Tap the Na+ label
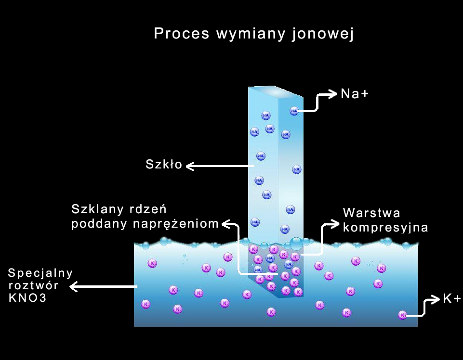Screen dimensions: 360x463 click(354, 94)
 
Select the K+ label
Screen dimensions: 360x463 click(452, 299)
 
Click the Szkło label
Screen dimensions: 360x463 click(164, 165)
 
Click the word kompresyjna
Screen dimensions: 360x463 click(385, 227)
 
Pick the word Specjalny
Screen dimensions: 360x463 click(40, 273)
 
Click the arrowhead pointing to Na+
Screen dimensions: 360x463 click(332, 94)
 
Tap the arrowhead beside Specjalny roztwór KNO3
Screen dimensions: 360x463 click(74, 287)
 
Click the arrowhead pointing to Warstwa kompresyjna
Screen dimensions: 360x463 click(335, 223)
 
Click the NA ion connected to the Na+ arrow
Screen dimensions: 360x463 click(294, 111)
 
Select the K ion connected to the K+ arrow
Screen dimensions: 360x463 click(402, 315)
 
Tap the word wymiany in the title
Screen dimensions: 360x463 click(251, 34)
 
